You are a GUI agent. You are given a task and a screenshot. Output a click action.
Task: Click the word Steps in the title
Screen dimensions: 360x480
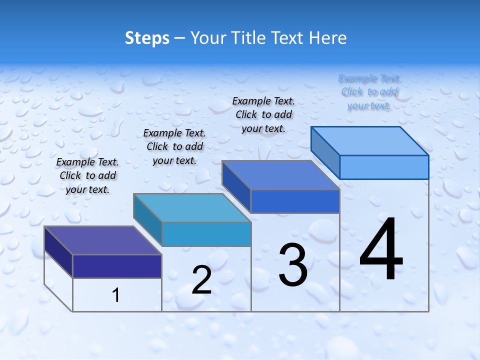click(x=147, y=38)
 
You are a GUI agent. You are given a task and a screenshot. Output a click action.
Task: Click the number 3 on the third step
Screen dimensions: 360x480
click(x=293, y=265)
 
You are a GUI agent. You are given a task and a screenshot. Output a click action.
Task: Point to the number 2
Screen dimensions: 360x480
click(x=201, y=280)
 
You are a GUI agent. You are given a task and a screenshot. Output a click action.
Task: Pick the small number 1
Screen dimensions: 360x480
click(x=116, y=295)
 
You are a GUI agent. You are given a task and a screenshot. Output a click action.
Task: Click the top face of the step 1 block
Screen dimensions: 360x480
click(x=102, y=240)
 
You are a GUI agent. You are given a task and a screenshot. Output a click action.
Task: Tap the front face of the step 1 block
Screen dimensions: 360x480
click(x=117, y=266)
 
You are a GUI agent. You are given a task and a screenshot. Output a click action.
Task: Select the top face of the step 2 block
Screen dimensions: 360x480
click(x=192, y=207)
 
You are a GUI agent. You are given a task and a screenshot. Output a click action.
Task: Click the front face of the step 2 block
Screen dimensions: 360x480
click(x=206, y=234)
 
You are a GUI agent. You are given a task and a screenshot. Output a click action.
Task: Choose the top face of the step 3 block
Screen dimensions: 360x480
click(x=280, y=175)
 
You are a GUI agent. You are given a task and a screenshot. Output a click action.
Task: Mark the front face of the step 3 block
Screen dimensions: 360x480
click(x=295, y=201)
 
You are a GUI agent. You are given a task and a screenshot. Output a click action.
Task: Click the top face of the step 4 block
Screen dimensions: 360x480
click(x=369, y=140)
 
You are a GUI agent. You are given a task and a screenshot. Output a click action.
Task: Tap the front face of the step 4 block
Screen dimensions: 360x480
click(x=384, y=167)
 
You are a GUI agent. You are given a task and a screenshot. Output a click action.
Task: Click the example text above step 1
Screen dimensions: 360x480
click(x=87, y=175)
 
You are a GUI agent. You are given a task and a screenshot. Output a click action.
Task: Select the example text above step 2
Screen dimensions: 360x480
click(x=174, y=146)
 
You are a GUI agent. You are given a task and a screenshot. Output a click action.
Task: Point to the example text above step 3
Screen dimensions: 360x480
click(x=263, y=114)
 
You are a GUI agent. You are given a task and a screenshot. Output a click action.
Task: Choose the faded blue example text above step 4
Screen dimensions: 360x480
click(x=369, y=91)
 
